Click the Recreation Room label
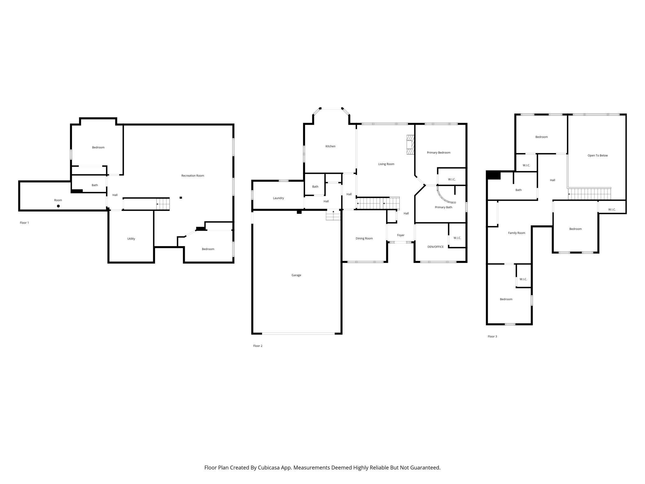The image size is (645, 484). (x=193, y=176)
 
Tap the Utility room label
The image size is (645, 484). (x=131, y=239)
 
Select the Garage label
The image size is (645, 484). (x=296, y=275)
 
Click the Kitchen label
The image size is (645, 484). (x=330, y=146)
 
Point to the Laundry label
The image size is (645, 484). (x=278, y=198)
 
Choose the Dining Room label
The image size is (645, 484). (x=364, y=238)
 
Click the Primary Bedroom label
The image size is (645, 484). (x=438, y=152)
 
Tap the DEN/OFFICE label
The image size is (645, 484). (x=435, y=247)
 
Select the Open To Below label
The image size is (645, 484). (x=598, y=155)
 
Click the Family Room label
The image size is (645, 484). (x=517, y=233)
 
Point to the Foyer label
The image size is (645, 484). (x=401, y=235)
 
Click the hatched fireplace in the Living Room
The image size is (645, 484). (x=410, y=145)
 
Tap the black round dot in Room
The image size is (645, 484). (x=58, y=206)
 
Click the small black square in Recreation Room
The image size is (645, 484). (x=181, y=198)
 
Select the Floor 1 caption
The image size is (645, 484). (x=24, y=223)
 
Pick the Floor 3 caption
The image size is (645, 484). (x=492, y=336)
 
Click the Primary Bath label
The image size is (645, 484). (x=443, y=207)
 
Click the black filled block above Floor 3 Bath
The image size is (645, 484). (x=494, y=175)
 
